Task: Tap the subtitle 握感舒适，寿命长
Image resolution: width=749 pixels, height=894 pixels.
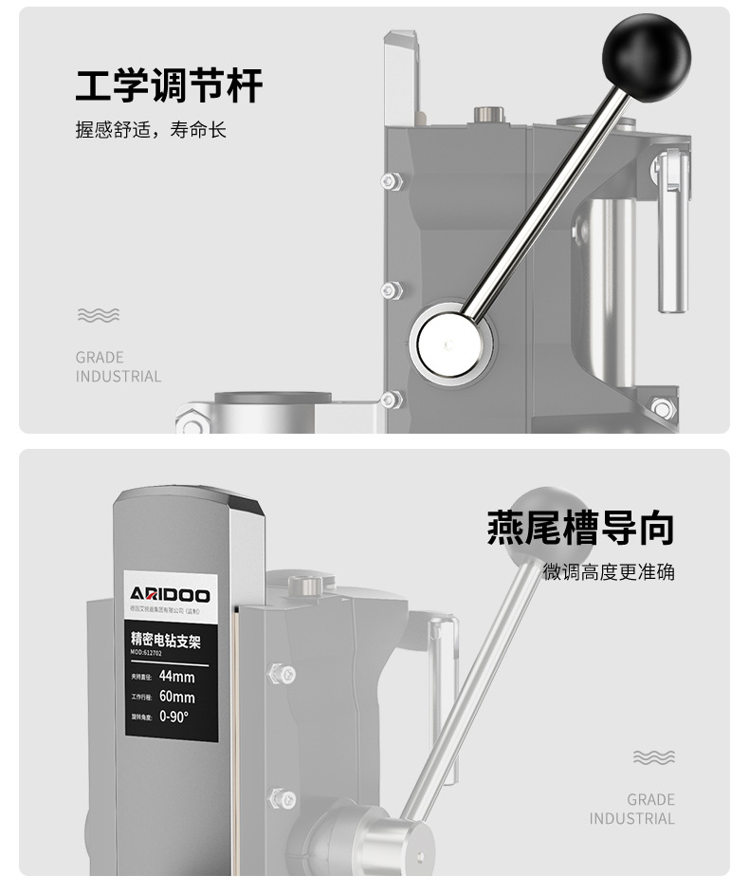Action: pos(151,130)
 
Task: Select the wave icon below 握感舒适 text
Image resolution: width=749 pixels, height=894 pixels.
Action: pos(98,315)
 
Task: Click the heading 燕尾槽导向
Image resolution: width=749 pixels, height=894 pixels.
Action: pos(580,528)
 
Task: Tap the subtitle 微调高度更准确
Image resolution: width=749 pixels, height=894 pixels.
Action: pos(609,572)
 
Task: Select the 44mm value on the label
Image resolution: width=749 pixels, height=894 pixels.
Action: pos(176,677)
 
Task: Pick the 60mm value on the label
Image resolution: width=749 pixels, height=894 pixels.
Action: pos(176,697)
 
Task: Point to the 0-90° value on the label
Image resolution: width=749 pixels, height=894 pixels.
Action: pos(174,717)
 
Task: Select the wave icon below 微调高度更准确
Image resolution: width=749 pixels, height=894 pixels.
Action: pos(653,757)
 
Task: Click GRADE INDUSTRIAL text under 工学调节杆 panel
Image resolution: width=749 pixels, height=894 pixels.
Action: pos(119,366)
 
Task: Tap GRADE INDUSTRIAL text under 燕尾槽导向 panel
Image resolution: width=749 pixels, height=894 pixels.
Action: pos(632,809)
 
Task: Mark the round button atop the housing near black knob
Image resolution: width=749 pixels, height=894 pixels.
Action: pos(486,115)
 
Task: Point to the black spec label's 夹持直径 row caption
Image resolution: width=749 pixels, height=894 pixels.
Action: pos(140,678)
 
